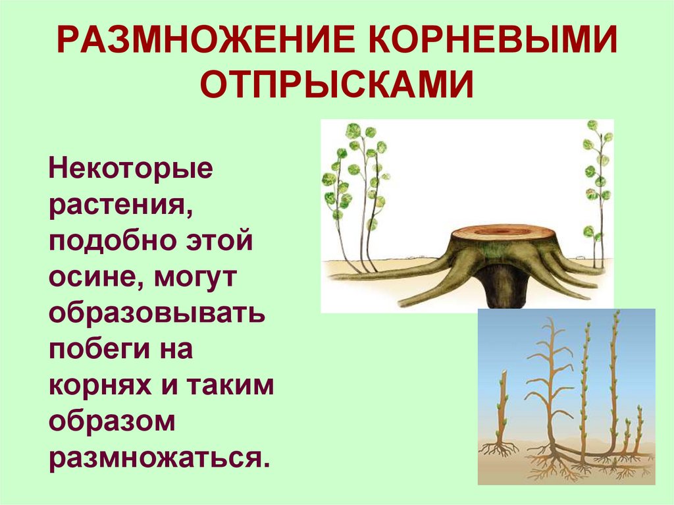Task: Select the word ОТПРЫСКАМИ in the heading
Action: tap(337, 86)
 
